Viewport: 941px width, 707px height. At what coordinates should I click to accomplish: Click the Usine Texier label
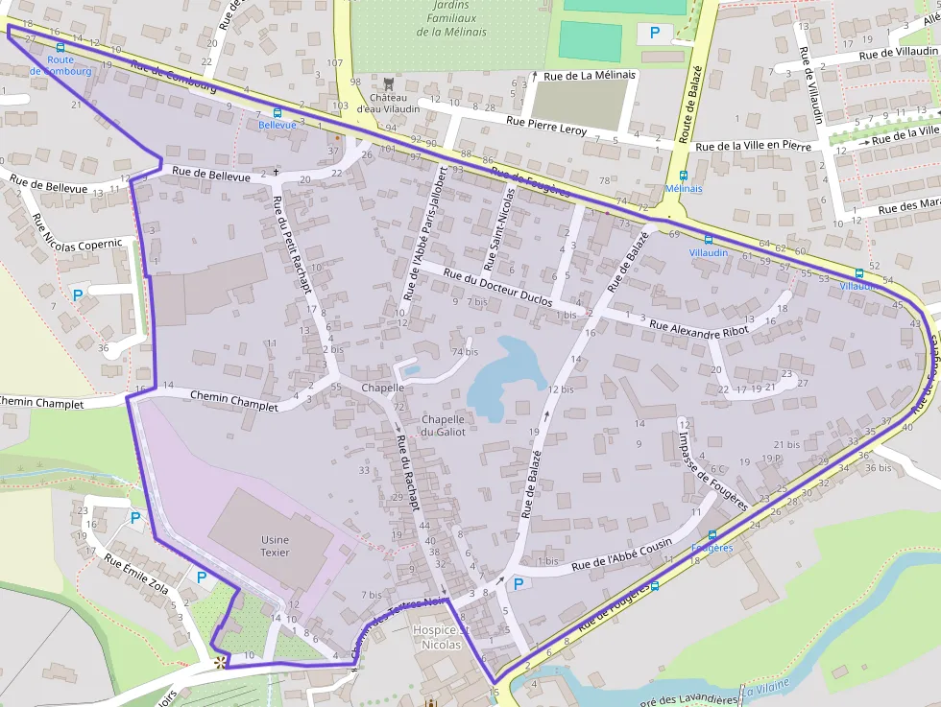275,546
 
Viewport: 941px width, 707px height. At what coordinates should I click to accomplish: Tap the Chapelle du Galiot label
443,425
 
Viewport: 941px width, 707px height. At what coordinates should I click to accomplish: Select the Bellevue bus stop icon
277,112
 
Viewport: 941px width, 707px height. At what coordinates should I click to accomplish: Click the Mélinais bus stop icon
684,176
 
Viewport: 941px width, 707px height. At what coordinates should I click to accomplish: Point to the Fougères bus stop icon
712,535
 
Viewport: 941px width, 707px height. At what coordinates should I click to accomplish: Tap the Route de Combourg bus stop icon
60,46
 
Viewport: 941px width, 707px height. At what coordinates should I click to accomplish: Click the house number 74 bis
465,352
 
